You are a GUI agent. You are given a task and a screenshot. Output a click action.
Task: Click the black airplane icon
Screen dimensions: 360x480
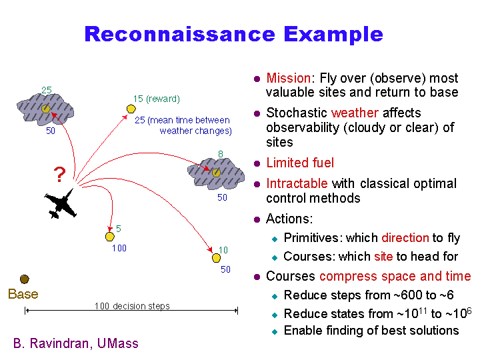tap(61, 204)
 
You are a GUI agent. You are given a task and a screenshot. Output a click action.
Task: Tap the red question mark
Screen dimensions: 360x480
tap(59, 175)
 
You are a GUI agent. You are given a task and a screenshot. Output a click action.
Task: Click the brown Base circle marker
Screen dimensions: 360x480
tap(25, 279)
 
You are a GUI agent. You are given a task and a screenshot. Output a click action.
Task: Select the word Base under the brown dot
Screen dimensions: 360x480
tap(23, 294)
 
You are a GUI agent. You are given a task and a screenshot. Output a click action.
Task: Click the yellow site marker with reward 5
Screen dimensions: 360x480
tap(110, 236)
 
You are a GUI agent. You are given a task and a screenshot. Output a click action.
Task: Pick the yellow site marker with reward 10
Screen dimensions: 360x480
tap(216, 258)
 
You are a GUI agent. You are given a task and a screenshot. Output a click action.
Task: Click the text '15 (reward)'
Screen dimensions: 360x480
tap(156, 99)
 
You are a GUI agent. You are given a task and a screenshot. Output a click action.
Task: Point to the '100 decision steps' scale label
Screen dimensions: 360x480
tap(132, 306)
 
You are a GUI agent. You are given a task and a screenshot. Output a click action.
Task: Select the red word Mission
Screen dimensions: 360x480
tap(288, 78)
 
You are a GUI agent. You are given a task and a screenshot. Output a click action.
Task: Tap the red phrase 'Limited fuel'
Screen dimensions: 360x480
tap(300, 163)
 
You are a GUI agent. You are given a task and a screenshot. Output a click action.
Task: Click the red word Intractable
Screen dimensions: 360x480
tap(297, 183)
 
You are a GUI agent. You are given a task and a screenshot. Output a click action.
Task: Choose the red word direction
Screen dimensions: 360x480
tap(405, 238)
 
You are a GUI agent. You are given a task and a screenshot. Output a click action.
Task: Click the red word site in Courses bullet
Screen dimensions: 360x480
tap(383, 257)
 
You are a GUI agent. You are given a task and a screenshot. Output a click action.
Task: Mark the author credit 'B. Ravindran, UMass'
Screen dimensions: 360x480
tap(76, 344)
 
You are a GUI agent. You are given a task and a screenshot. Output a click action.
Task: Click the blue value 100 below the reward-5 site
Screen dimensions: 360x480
tap(119, 249)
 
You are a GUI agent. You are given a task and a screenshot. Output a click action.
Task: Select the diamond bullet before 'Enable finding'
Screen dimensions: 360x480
tap(274, 331)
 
